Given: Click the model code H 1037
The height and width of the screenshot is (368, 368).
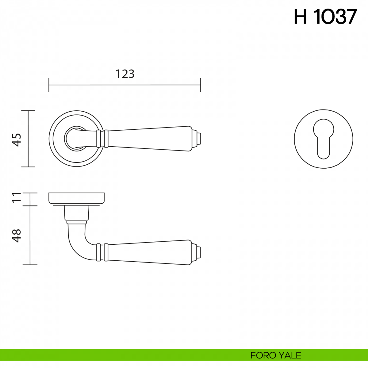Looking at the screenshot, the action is (325, 17).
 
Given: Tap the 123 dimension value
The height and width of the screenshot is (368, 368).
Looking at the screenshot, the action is (125, 74).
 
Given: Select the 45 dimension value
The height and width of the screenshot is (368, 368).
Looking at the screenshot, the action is (17, 140).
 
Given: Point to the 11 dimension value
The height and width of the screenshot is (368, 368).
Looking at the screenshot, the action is (17, 197).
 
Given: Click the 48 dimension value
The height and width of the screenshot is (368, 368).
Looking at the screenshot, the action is (17, 236).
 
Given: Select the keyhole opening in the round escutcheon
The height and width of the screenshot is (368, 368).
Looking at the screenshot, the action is (324, 139).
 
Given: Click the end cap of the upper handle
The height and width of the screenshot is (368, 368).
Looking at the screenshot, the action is (196, 139).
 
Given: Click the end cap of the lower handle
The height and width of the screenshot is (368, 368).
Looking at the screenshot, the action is (196, 252).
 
